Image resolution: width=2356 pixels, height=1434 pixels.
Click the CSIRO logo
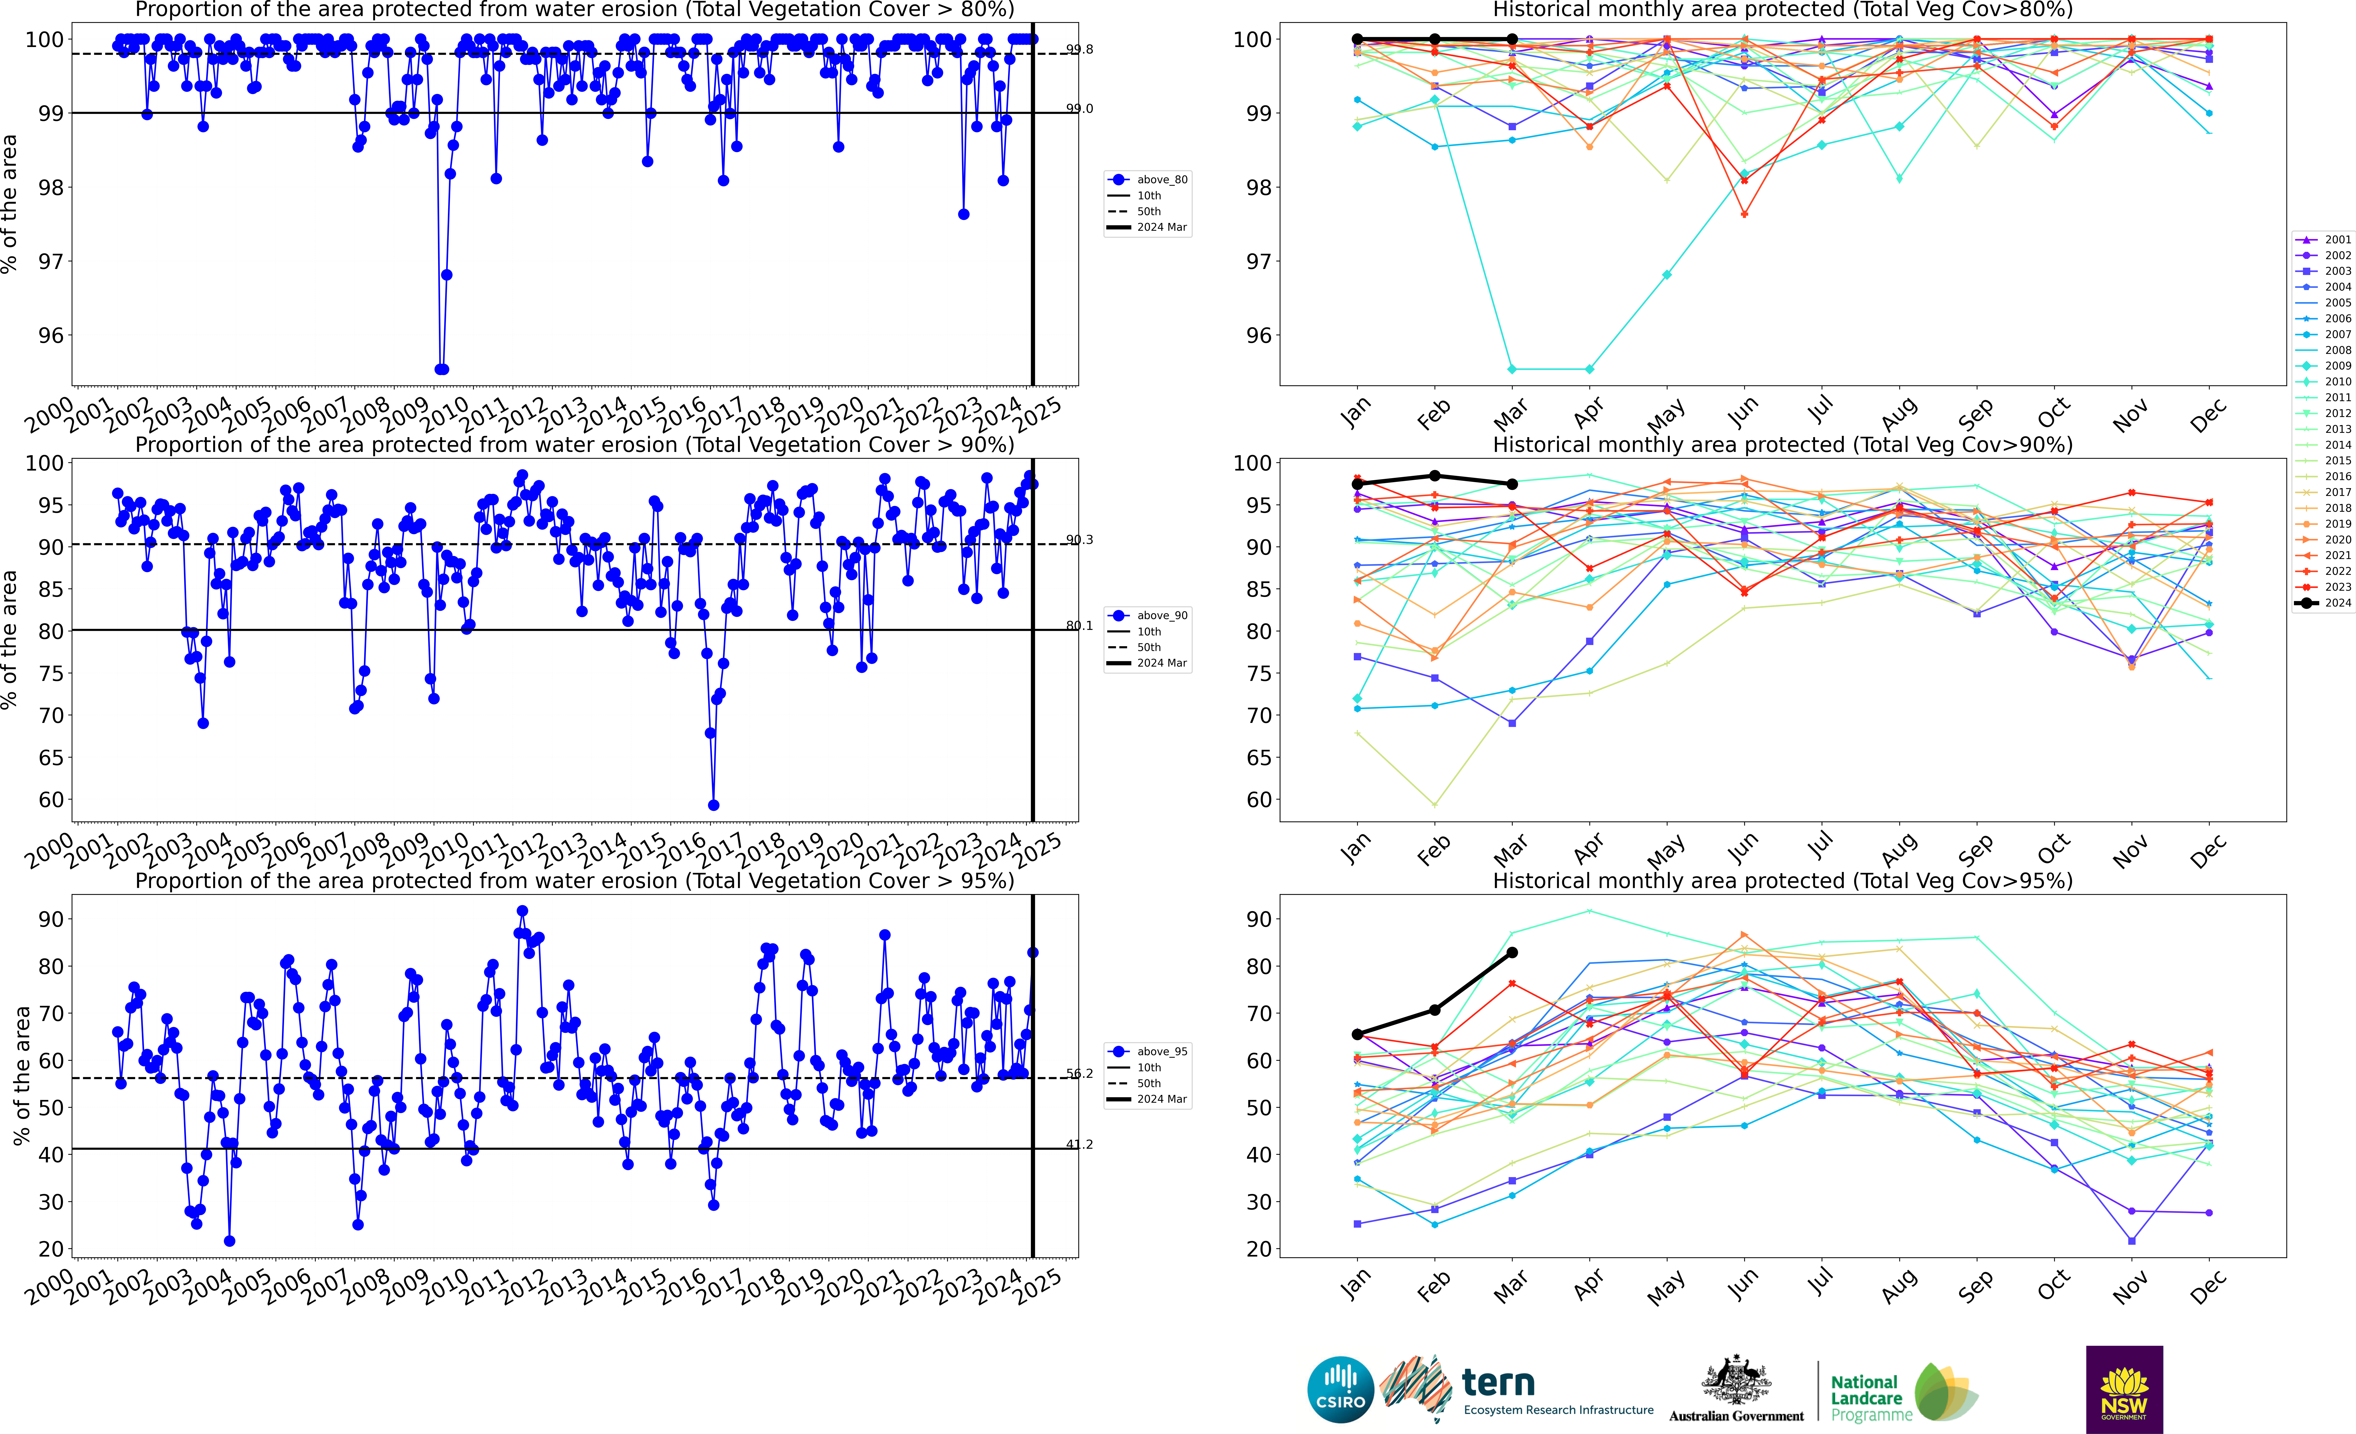(x=1341, y=1389)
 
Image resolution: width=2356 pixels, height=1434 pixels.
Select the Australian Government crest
(x=1735, y=1381)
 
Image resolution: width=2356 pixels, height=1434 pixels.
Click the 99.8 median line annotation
(x=1080, y=50)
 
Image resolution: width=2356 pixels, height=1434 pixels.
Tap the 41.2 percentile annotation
(x=1080, y=1144)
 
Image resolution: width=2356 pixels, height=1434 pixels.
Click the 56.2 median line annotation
(x=1080, y=1074)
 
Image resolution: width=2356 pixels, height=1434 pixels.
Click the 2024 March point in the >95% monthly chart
(x=1512, y=952)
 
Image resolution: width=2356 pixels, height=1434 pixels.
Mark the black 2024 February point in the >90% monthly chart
(x=1434, y=475)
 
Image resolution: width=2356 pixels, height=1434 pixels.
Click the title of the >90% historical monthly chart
(x=1782, y=445)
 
